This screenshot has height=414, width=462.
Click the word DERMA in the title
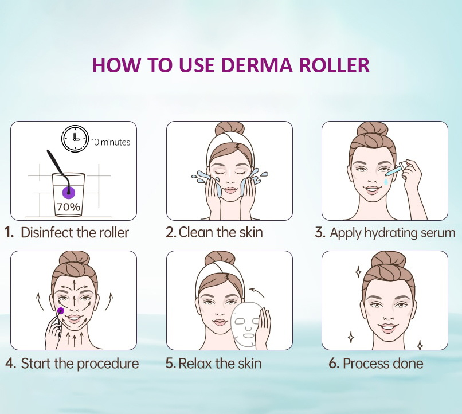(x=257, y=65)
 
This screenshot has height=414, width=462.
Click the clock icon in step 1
(x=75, y=138)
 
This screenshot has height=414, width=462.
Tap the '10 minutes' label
(x=111, y=142)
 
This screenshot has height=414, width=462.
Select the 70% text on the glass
(x=68, y=206)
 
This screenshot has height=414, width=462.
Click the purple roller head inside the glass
(x=69, y=193)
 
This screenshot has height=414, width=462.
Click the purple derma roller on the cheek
(x=61, y=310)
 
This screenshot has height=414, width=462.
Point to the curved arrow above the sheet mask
(x=257, y=292)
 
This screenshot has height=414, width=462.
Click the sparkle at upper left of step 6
(x=358, y=272)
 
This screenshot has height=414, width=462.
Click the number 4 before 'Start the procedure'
(x=10, y=364)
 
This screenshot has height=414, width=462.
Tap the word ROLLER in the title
(x=334, y=65)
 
